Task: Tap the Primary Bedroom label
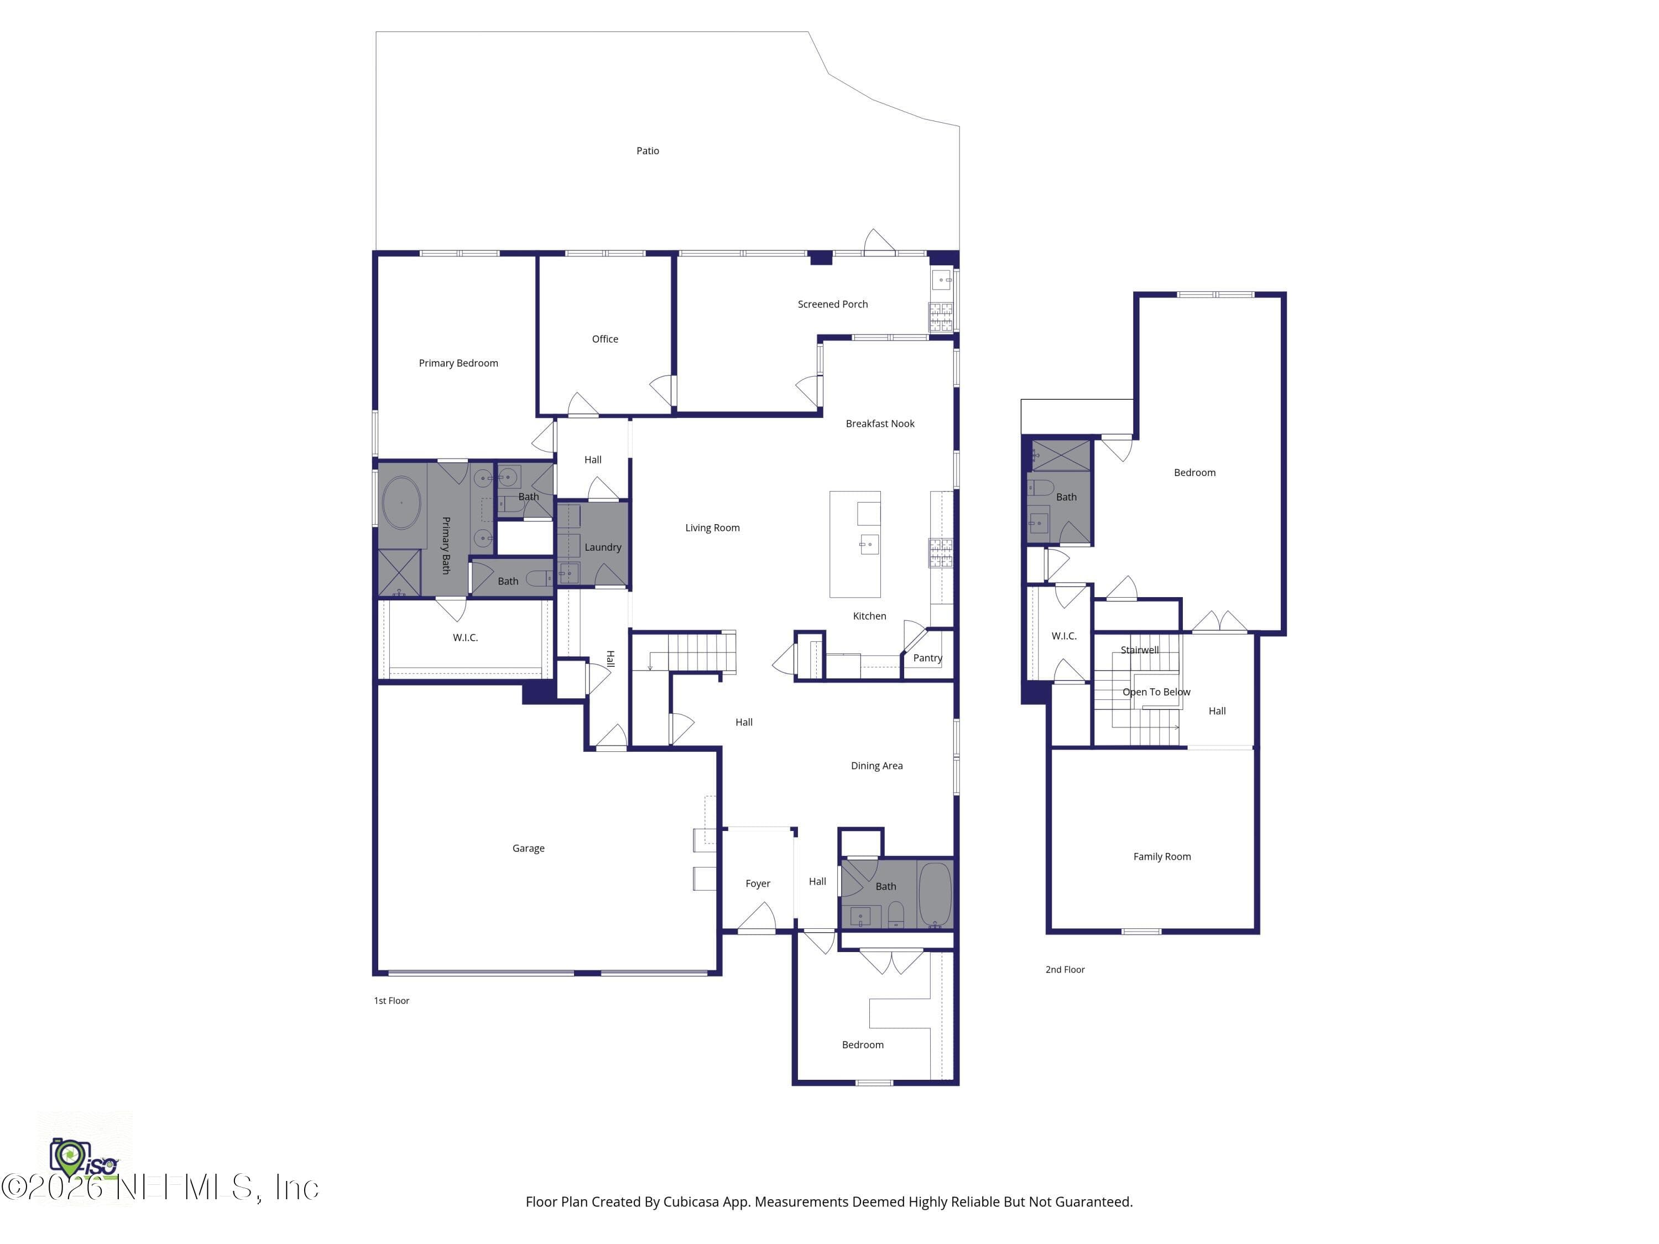(x=458, y=363)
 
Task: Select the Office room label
(x=605, y=339)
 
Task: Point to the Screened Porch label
(x=832, y=304)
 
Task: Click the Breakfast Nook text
(x=880, y=424)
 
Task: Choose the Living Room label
(x=712, y=528)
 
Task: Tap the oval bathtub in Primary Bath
(x=401, y=503)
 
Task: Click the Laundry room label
(x=603, y=547)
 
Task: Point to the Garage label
(x=529, y=848)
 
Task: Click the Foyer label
(x=758, y=884)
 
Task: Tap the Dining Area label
(x=877, y=766)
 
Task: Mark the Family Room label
(x=1162, y=856)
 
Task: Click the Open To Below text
(x=1156, y=692)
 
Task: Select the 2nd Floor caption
(x=1065, y=970)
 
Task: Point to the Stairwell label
(x=1139, y=650)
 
